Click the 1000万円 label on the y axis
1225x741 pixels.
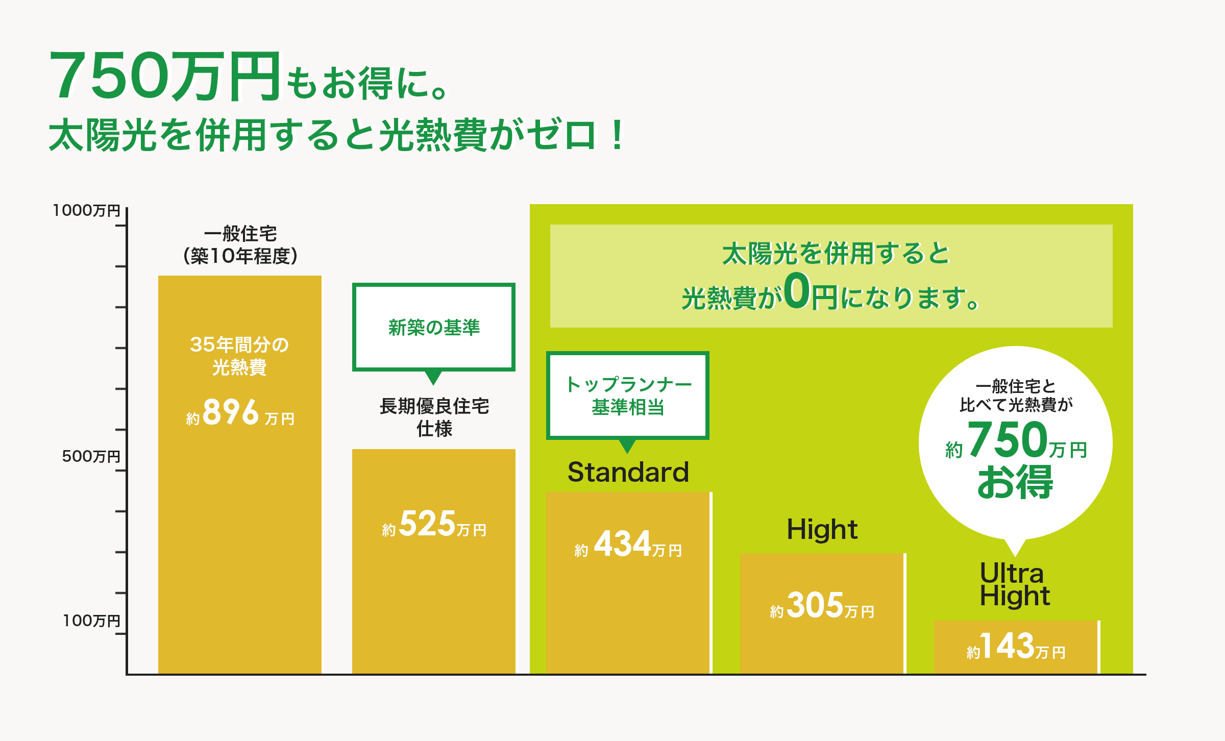(86, 210)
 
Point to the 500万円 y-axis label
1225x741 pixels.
(91, 456)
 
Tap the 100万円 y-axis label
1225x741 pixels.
(91, 620)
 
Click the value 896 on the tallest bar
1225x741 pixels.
(231, 412)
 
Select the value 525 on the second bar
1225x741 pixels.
(427, 524)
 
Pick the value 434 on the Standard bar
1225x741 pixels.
(622, 544)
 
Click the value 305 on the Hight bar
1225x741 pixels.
(815, 605)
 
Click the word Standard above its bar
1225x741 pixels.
(628, 472)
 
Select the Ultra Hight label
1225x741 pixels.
(1014, 585)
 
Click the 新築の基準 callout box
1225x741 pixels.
(434, 327)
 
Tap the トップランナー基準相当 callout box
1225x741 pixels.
(628, 396)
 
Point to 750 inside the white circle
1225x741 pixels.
(1007, 439)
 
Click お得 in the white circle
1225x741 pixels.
(1015, 482)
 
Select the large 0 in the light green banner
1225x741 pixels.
(797, 291)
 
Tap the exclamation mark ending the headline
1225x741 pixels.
(617, 135)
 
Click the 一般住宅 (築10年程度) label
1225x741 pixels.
(240, 245)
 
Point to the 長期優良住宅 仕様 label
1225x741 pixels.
(434, 417)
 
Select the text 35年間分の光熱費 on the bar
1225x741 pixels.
(239, 356)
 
